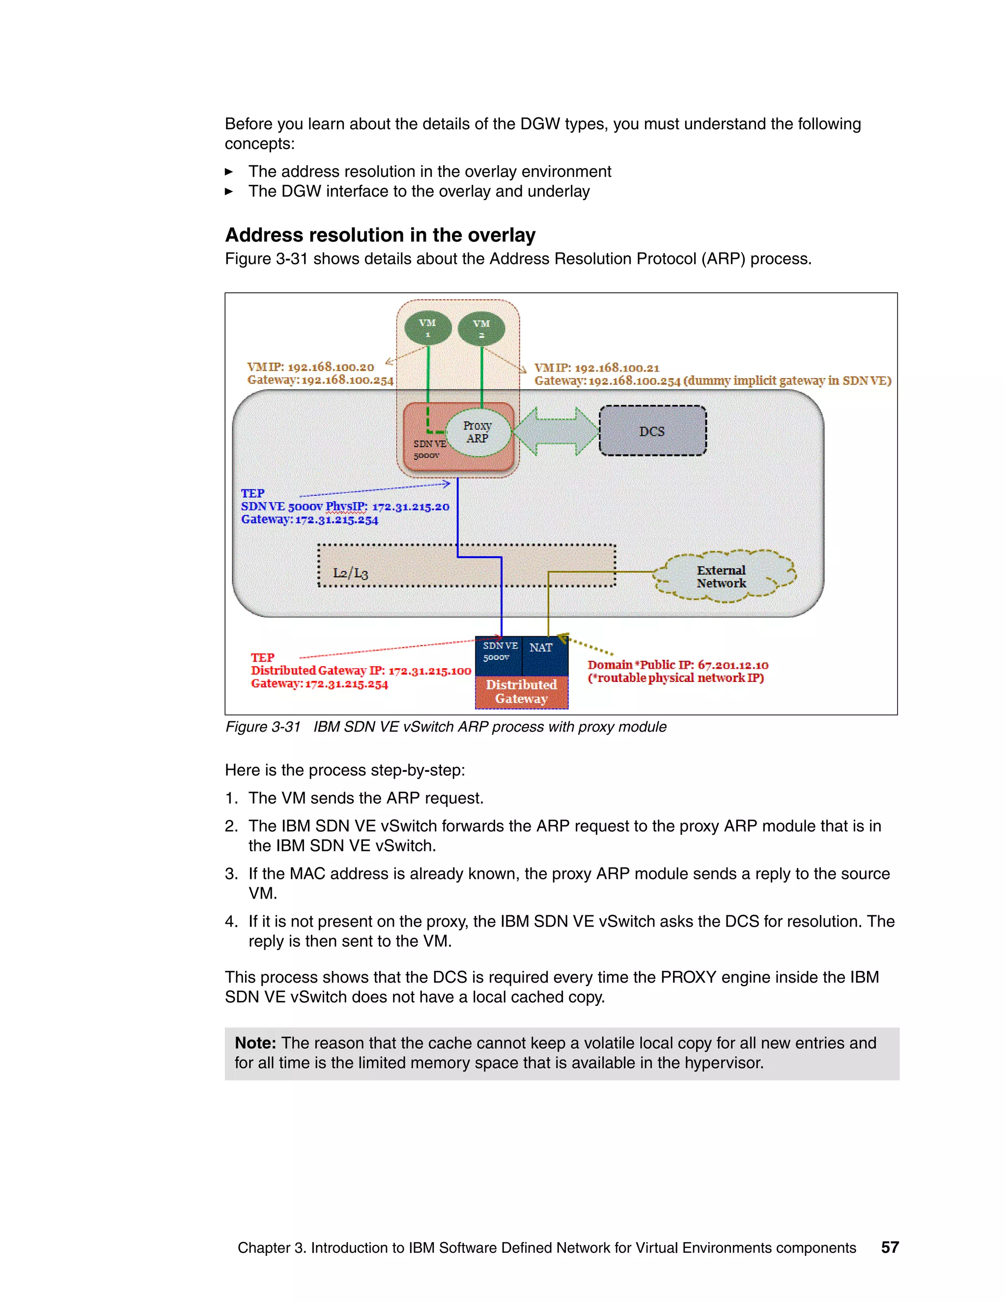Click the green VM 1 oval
427,328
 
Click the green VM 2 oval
481,329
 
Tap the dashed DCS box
653,431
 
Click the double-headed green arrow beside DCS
556,431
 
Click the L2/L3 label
350,573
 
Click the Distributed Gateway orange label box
522,692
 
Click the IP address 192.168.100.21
617,368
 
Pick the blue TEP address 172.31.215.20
411,507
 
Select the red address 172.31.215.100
429,671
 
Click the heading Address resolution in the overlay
380,235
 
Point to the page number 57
890,1247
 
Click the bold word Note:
255,1043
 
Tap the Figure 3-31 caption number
263,727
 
